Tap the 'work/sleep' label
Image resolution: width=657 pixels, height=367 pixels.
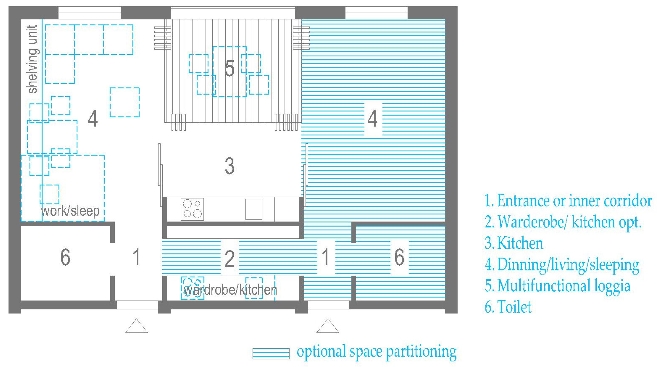tap(70, 211)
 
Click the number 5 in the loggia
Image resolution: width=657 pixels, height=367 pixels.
tap(229, 68)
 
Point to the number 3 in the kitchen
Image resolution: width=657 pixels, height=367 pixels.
tap(229, 166)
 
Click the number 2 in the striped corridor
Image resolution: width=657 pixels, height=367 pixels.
tap(229, 259)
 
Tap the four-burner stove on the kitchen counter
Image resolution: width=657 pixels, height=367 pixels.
tap(192, 209)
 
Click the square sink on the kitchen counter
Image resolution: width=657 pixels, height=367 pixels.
tap(254, 209)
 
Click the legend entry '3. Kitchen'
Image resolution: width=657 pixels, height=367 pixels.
tap(514, 243)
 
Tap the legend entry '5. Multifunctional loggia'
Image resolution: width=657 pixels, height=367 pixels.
tap(558, 286)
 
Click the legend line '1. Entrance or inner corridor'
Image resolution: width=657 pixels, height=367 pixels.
tap(568, 201)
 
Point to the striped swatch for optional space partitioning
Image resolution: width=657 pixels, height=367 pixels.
tap(271, 354)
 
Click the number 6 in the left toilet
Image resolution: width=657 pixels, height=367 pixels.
tap(65, 257)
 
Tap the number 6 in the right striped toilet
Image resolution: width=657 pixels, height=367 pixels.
tap(399, 257)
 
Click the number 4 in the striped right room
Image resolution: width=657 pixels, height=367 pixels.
tap(373, 118)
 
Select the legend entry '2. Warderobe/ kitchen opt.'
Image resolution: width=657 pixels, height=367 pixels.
tap(563, 222)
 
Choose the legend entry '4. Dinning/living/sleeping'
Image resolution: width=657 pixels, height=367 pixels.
tap(562, 264)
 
